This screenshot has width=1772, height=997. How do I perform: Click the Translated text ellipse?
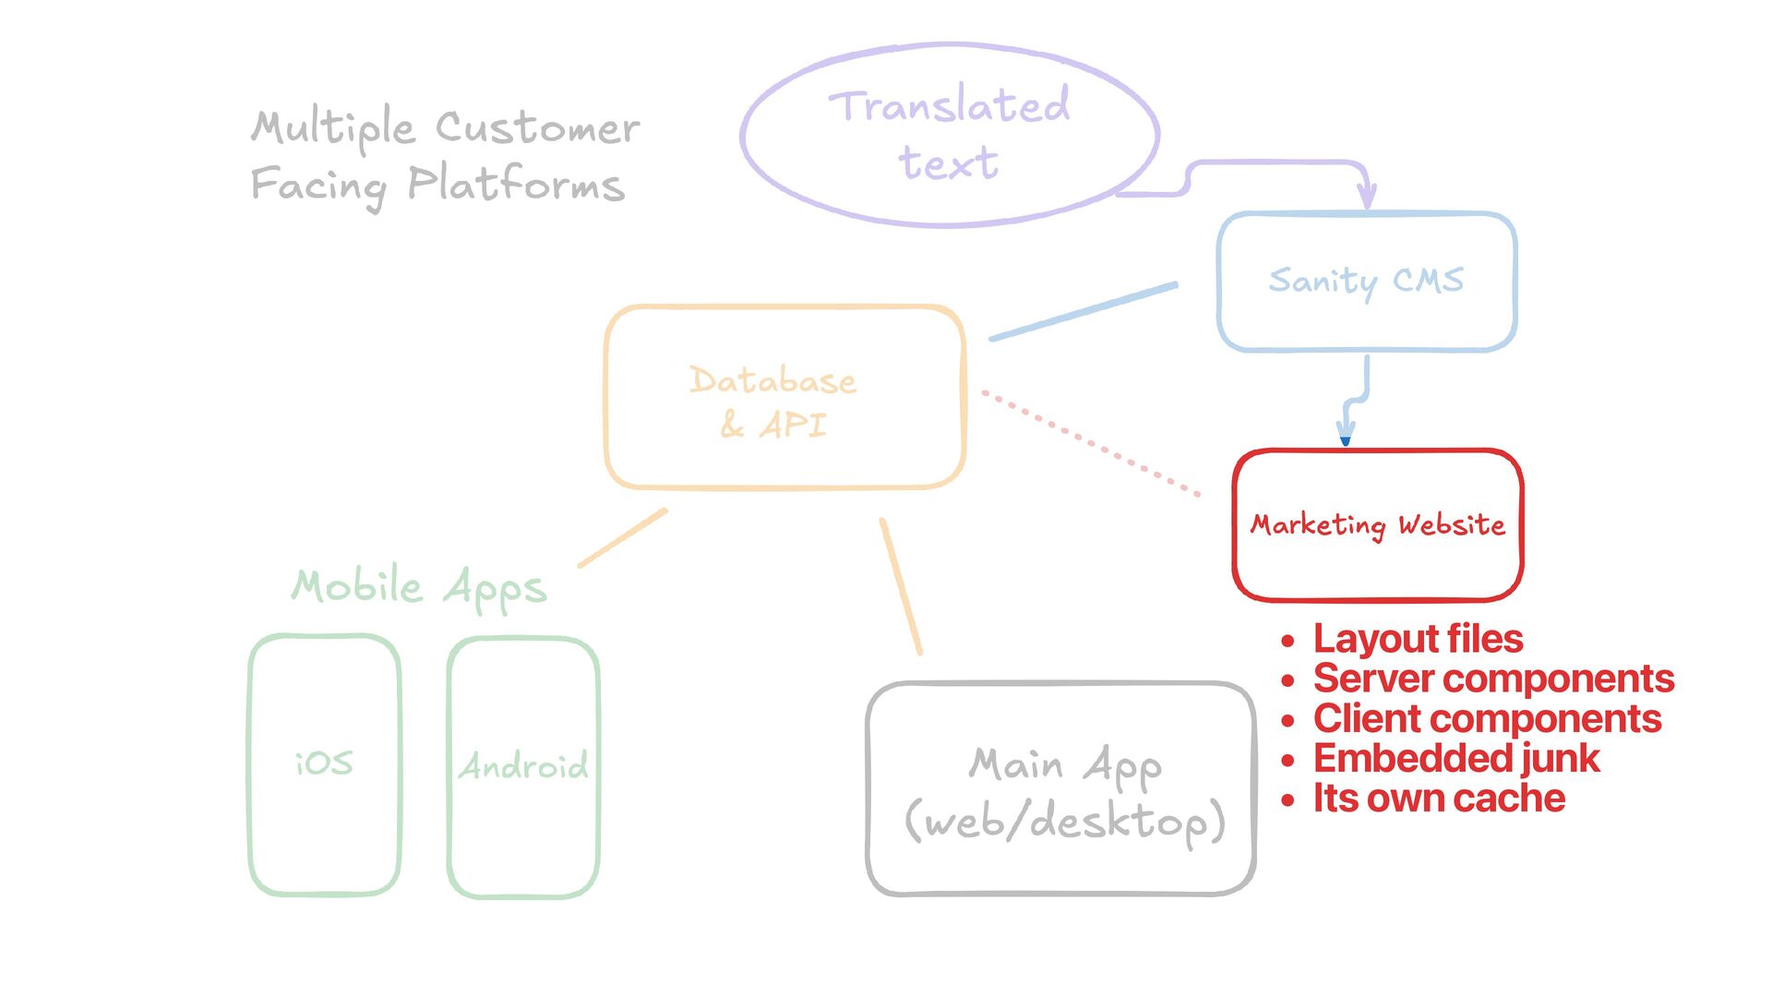(949, 135)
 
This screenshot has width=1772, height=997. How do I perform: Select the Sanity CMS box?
(1366, 281)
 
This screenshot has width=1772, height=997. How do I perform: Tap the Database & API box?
(784, 397)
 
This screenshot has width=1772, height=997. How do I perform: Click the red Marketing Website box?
(1377, 525)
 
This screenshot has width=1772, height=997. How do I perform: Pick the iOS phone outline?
(324, 764)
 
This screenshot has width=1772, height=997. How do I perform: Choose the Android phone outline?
(523, 766)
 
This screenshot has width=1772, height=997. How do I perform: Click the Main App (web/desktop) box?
(1061, 789)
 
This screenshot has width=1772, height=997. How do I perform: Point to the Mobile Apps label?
(419, 587)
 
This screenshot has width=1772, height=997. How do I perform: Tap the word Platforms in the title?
(516, 184)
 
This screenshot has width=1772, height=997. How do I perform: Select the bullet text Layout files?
(1418, 639)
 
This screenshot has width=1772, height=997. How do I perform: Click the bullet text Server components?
(1493, 679)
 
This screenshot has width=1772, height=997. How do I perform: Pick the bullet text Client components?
(1487, 719)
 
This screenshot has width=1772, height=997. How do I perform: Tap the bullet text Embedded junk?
(1456, 759)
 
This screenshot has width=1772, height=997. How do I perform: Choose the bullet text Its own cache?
(1439, 799)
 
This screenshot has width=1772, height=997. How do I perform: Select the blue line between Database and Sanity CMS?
(1084, 311)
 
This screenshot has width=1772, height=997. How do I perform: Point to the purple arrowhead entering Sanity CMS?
(1367, 197)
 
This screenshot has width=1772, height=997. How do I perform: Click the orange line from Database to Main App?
(901, 587)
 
